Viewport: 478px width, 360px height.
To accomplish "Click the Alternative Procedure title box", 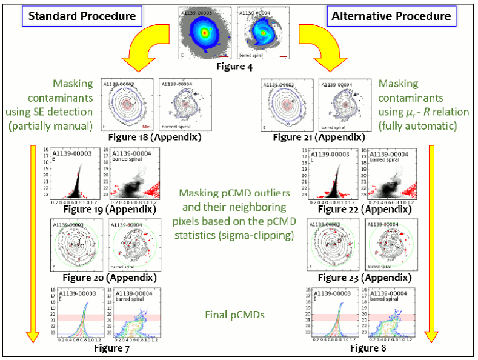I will pyautogui.click(x=392, y=16).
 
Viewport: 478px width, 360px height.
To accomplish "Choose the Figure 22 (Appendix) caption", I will pyautogui.click(x=357, y=210).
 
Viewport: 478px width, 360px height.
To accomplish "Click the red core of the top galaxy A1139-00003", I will pyautogui.click(x=205, y=32).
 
